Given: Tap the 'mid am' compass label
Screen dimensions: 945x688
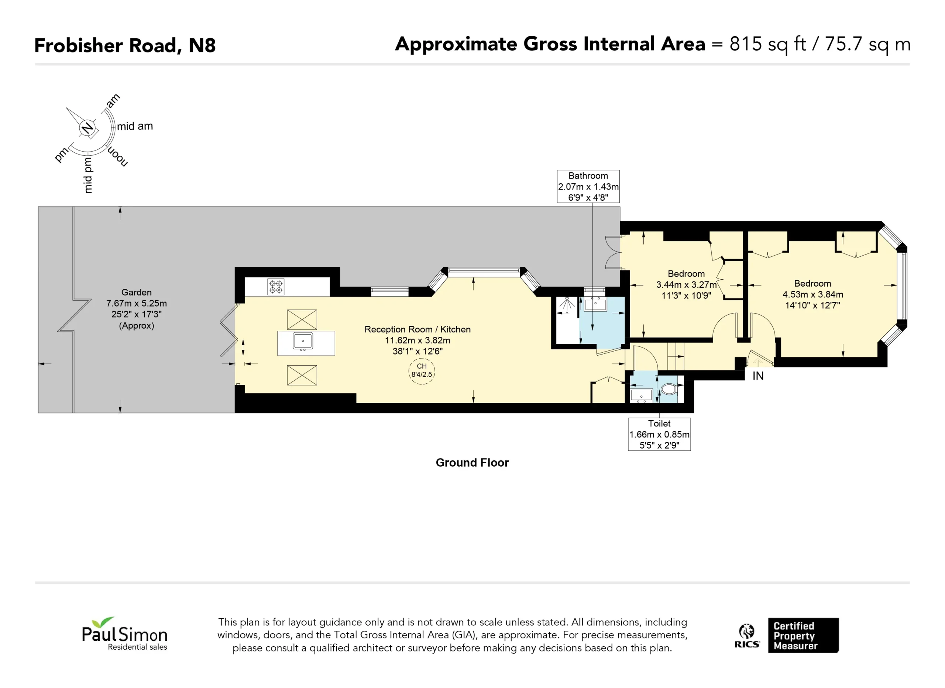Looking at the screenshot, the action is coord(135,126).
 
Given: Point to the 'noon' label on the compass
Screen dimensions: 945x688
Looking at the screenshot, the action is coord(118,156).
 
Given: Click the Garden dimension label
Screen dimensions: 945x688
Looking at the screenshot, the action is coord(137,309).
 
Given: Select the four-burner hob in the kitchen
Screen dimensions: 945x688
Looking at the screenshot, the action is coord(276,287).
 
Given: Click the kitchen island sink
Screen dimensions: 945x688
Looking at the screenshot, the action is coord(303,342).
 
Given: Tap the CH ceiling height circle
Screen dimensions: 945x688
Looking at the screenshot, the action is coord(422,371).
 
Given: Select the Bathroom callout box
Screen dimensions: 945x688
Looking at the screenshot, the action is coord(588,187).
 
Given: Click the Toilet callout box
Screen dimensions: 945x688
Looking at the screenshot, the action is coord(660,434).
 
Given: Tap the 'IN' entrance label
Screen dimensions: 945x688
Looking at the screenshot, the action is coord(758,376).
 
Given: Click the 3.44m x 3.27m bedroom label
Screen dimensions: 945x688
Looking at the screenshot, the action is coord(686,285).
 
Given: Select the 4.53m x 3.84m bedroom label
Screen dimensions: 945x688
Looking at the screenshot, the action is coord(813,294).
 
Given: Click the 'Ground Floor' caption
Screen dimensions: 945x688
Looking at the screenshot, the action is coord(472,463).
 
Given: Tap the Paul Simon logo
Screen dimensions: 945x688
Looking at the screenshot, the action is coord(124,633).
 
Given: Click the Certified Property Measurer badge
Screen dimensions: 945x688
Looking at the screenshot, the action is coord(803,635).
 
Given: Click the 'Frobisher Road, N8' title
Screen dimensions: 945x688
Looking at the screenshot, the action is coord(125,45).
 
